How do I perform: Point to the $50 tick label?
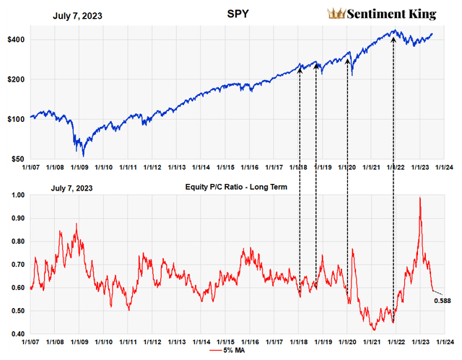(x=17, y=159)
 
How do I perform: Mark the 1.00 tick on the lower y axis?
(x=16, y=195)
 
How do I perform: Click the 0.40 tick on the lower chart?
(x=16, y=334)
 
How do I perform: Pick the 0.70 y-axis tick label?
(x=16, y=265)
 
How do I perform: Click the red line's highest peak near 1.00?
(x=419, y=198)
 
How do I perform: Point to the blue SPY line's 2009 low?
(x=83, y=155)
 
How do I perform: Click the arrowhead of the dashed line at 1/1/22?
(x=393, y=40)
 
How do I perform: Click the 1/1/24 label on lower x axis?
(x=444, y=341)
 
